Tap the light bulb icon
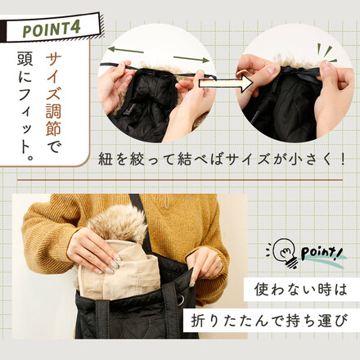click(x=283, y=250)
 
